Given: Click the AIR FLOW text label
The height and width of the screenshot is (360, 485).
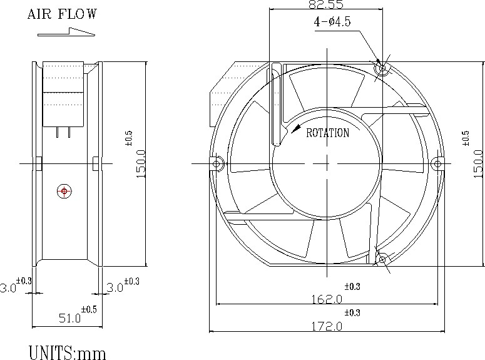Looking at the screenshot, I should pyautogui.click(x=62, y=14).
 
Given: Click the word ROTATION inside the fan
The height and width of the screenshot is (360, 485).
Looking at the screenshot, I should pyautogui.click(x=327, y=133).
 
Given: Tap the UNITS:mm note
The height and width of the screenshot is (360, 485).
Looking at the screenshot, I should pyautogui.click(x=67, y=352).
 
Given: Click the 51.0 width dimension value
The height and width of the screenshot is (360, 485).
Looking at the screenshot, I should pyautogui.click(x=69, y=318).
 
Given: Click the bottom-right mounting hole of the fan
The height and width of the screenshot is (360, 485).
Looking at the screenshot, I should pyautogui.click(x=382, y=259).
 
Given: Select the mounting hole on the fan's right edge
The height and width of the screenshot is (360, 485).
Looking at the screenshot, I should pyautogui.click(x=437, y=163).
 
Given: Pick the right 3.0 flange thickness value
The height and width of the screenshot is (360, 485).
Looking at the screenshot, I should pyautogui.click(x=115, y=287).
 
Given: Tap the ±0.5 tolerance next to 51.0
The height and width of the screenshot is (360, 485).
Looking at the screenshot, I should pyautogui.click(x=89, y=309).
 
